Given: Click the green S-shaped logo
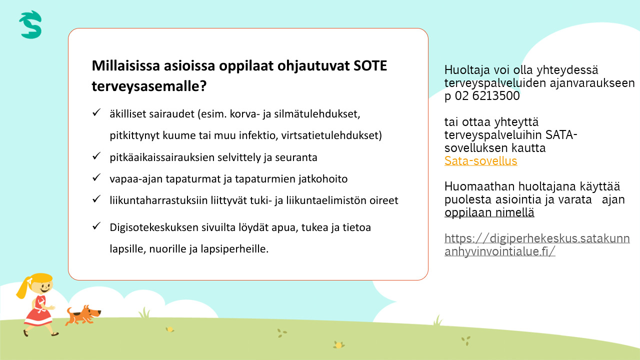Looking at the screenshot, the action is pos(30,24).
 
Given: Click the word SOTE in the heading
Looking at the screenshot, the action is pos(370,65).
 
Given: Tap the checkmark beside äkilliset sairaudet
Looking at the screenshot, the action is pos(96,112).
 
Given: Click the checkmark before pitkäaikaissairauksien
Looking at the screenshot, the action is pos(96,155).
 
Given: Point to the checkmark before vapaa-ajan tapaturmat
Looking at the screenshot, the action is pos(96,177).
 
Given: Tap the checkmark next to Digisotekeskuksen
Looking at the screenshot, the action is pos(96,225).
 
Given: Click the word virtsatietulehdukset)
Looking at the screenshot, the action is pos(331,135).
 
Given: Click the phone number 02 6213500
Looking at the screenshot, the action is pos(487,95).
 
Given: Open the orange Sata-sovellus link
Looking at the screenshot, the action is pos(480,161).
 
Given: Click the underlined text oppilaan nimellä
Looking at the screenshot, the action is pos(489,212).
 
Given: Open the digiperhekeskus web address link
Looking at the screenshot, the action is pos(537,245).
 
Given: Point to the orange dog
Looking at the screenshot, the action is pos(83,315).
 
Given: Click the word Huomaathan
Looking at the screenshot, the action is pos(479,186).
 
